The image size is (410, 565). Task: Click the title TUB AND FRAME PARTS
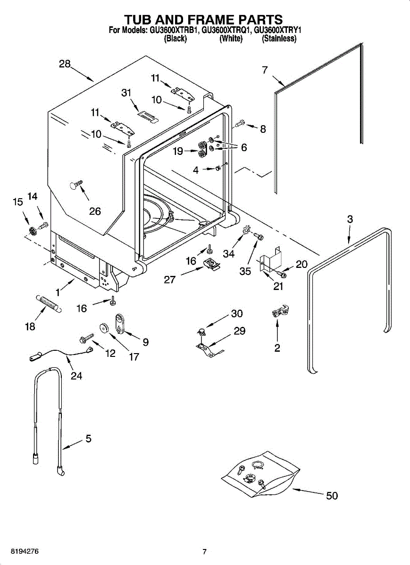pos(205,19)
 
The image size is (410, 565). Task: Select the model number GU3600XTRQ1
pos(226,31)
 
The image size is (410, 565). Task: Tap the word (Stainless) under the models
pos(279,38)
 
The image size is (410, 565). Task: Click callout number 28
pos(65,64)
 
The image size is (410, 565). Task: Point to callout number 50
pos(332,496)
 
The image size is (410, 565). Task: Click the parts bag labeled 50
pos(260,474)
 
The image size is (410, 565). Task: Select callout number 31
pos(126,93)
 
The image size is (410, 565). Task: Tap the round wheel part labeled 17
pos(104,328)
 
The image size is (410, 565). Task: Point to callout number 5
pos(89,439)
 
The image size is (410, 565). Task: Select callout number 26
pos(95,211)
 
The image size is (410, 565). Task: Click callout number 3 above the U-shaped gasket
pos(350,219)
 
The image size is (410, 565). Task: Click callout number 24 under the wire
pos(76,376)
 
